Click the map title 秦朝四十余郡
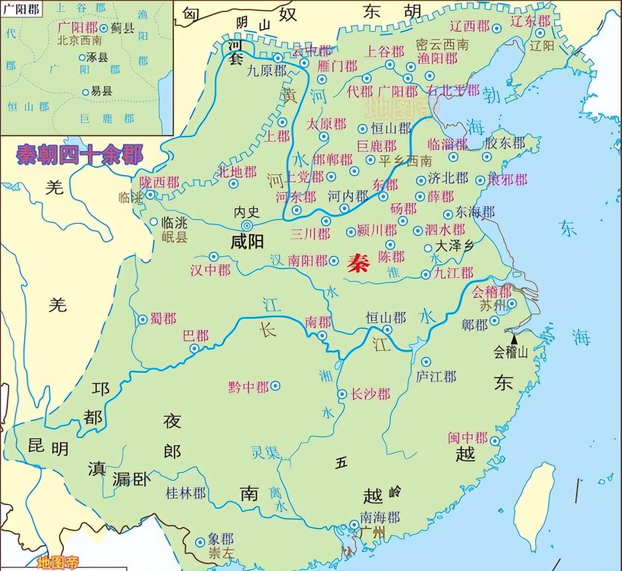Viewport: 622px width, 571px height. coord(79,155)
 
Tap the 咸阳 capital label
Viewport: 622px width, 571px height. coord(247,242)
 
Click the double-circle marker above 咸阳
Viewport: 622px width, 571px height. coord(247,225)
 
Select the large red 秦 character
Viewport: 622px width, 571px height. coord(358,264)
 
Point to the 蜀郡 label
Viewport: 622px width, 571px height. coord(163,319)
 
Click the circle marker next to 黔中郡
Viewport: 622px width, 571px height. coord(275,386)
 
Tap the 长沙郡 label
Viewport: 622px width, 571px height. coord(370,394)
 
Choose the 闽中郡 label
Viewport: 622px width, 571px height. coord(467,437)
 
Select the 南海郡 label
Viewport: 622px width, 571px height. coord(380,517)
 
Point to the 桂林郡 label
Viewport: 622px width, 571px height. coord(186,493)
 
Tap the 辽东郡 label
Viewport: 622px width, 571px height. coord(531,21)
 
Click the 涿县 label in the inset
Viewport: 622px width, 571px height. coord(97,57)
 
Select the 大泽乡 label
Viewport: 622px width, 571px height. coord(454,246)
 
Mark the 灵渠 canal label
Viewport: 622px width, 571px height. coord(265,452)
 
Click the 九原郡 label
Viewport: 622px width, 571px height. coord(266,71)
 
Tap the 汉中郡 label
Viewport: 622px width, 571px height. coord(210,270)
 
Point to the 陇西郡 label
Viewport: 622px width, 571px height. coord(159,183)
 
